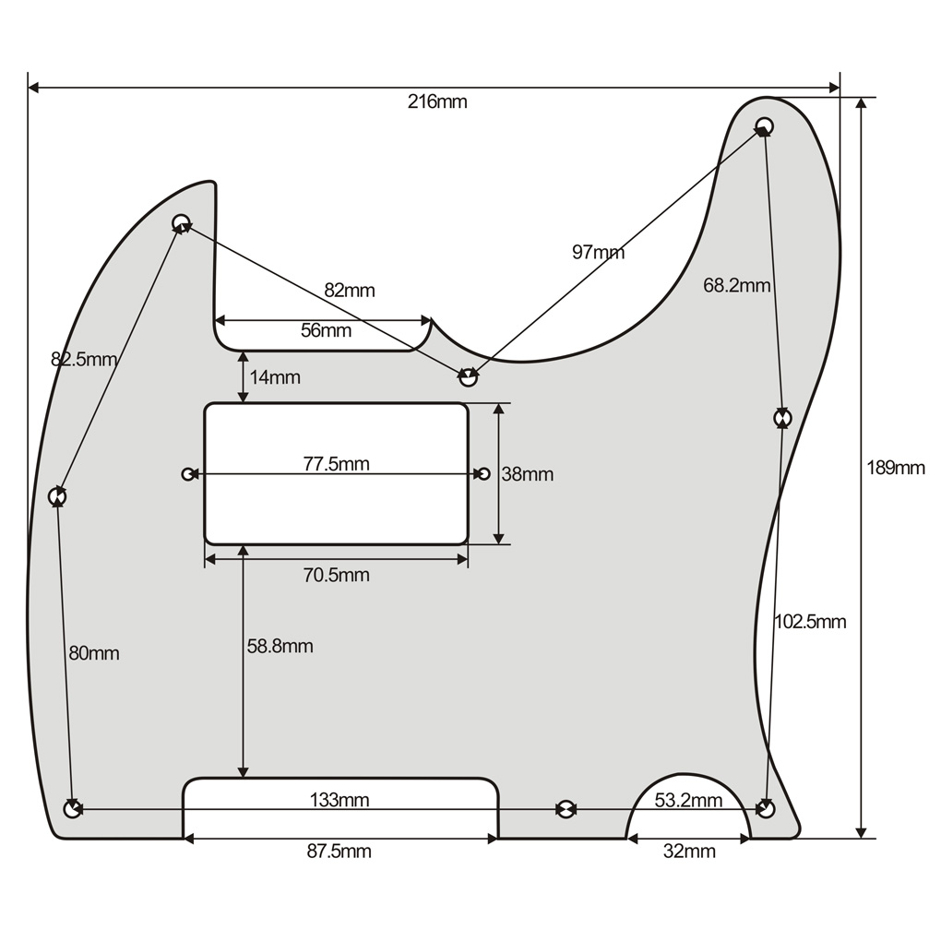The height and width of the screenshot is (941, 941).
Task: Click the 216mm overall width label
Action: pyautogui.click(x=437, y=101)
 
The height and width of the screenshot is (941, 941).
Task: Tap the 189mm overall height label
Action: pyautogui.click(x=895, y=468)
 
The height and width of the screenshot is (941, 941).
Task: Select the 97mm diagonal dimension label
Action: pyautogui.click(x=598, y=252)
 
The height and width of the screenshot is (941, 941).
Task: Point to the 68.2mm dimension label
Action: pyautogui.click(x=736, y=285)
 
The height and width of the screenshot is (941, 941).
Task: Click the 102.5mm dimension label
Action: pyautogui.click(x=809, y=622)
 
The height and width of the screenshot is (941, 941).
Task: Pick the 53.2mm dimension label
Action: pyautogui.click(x=688, y=800)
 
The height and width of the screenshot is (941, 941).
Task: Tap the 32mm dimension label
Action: pyautogui.click(x=688, y=852)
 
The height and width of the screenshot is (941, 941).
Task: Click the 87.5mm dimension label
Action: pyautogui.click(x=339, y=852)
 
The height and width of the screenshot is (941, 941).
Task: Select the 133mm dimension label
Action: pyautogui.click(x=339, y=800)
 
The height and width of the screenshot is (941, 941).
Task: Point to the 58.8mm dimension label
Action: pyautogui.click(x=280, y=647)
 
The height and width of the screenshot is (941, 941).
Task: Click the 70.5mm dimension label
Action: pyautogui.click(x=336, y=576)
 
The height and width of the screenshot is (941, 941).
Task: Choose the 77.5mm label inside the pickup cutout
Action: pyautogui.click(x=336, y=464)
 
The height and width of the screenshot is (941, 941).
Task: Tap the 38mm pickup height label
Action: pyautogui.click(x=527, y=474)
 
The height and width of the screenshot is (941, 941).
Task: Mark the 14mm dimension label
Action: pyautogui.click(x=274, y=377)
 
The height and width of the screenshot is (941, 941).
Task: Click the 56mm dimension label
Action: pyautogui.click(x=326, y=330)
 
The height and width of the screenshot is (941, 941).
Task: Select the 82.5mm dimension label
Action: pyautogui.click(x=84, y=360)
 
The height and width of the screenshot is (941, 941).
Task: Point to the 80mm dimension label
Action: pyautogui.click(x=94, y=653)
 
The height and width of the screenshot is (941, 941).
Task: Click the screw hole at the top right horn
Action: pyautogui.click(x=764, y=125)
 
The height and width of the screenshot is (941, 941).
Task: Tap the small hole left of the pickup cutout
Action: pyautogui.click(x=188, y=474)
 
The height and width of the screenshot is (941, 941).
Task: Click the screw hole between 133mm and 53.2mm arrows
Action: pyautogui.click(x=565, y=809)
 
